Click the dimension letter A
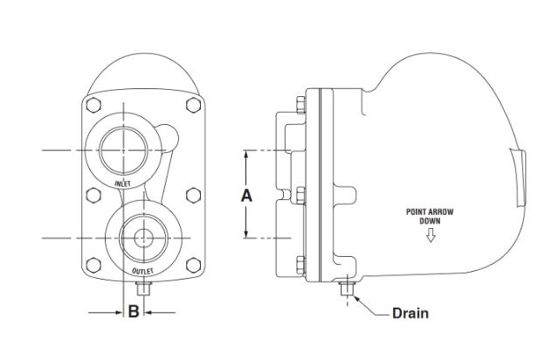point(246,196)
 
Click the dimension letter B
point(134,310)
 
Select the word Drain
point(409,312)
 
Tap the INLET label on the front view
point(123,183)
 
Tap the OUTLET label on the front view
point(142,271)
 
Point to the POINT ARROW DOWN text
point(430,216)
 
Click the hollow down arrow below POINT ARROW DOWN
point(430,237)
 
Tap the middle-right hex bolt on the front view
point(191,191)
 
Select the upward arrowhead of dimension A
point(246,156)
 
